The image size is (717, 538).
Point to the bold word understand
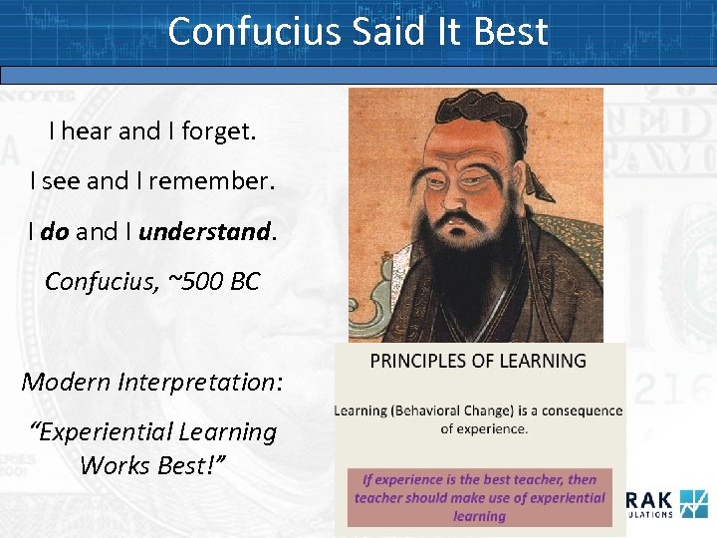coord(204,232)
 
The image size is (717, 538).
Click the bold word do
coord(56,232)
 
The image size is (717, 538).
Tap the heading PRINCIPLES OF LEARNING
coord(478,361)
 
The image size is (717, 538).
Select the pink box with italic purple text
coord(479,496)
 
